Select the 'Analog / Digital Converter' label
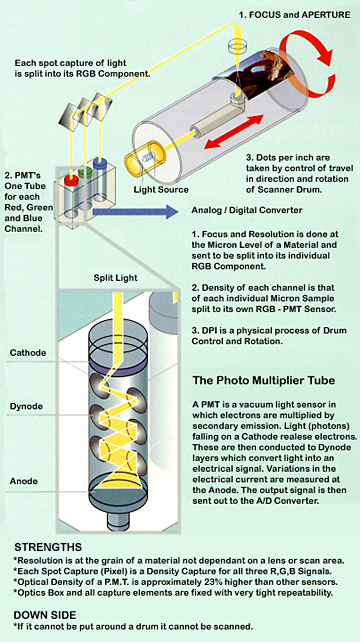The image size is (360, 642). (246, 211)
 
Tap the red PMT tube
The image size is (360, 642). (72, 160)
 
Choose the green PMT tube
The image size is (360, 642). (87, 155)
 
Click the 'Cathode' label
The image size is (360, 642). (28, 353)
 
